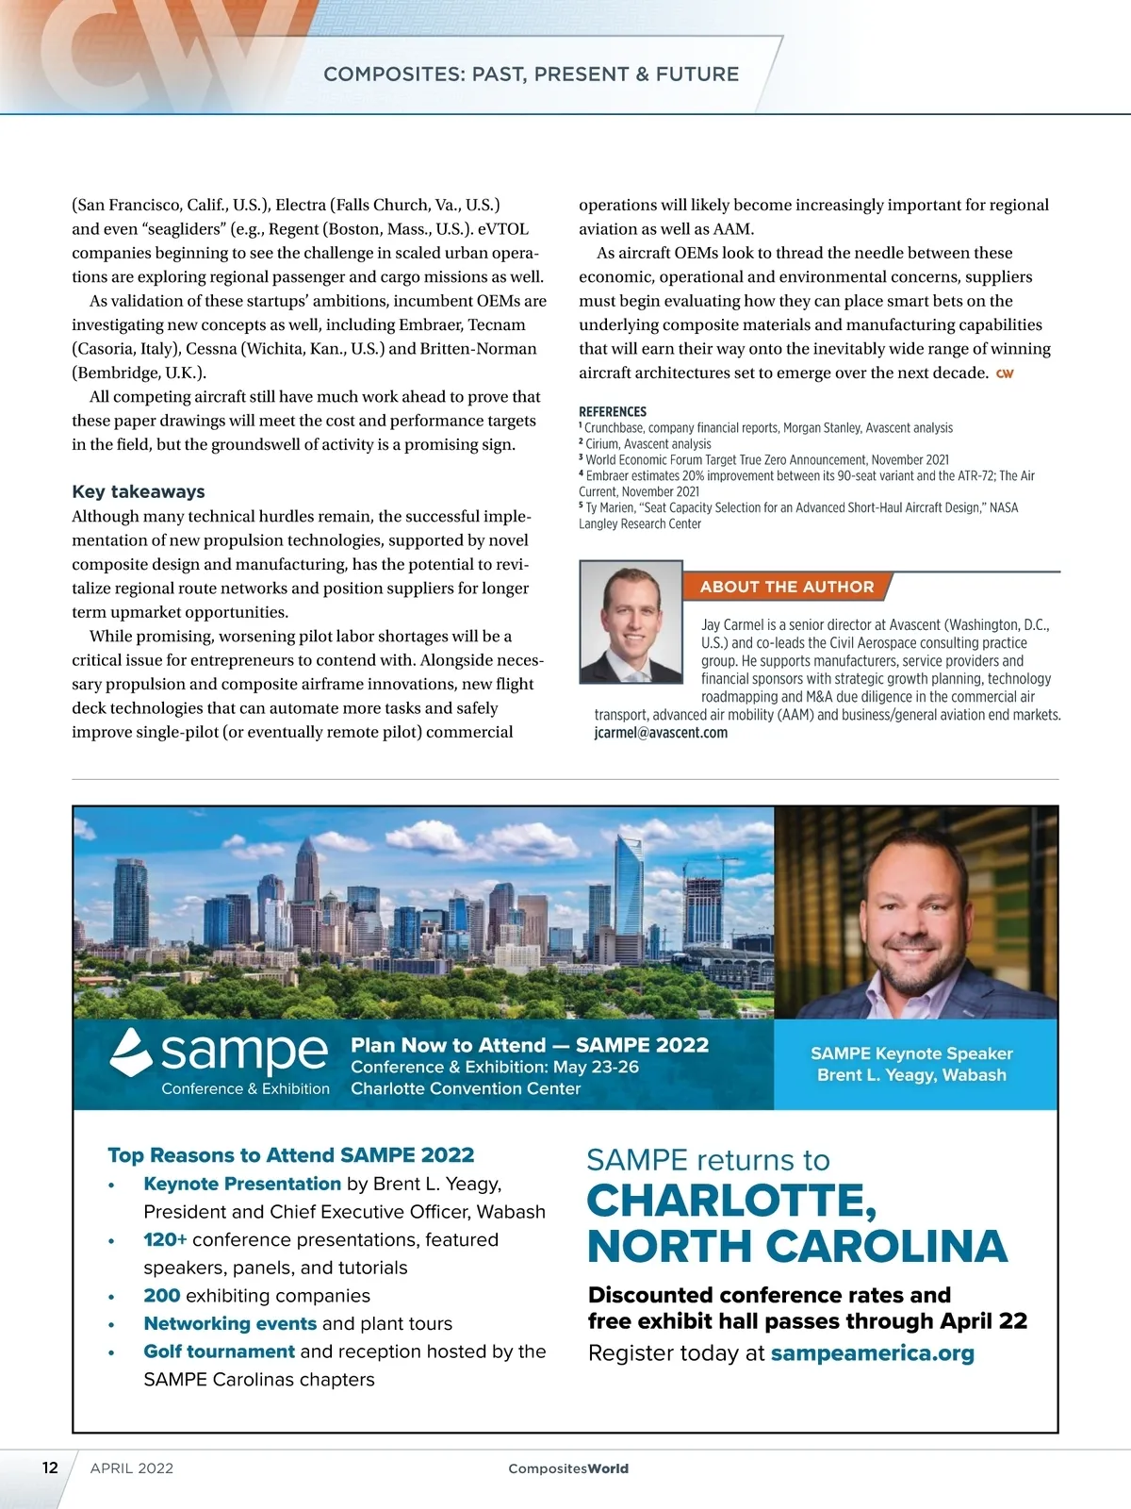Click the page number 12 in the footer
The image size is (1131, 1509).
tap(50, 1467)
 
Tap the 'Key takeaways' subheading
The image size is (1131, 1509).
tap(139, 491)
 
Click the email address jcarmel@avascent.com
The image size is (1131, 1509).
tap(661, 733)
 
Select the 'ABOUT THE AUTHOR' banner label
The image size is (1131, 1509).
tap(787, 587)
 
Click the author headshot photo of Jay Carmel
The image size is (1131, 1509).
tap(631, 622)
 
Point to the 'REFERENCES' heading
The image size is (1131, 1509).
tap(613, 412)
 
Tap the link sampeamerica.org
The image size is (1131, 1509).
tap(872, 1353)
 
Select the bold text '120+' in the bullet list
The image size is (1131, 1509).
tap(165, 1239)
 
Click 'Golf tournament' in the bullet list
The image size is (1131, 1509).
tap(219, 1351)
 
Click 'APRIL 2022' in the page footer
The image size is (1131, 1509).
tap(132, 1468)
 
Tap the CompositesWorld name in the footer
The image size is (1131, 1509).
tap(568, 1468)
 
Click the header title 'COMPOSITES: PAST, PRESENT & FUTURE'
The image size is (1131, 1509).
tap(531, 75)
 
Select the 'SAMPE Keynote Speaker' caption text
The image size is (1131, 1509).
tap(911, 1053)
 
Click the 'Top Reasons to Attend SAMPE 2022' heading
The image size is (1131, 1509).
tap(290, 1155)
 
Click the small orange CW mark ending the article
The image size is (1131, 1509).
tap(1005, 373)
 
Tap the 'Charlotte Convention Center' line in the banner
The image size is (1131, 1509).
tap(466, 1088)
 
